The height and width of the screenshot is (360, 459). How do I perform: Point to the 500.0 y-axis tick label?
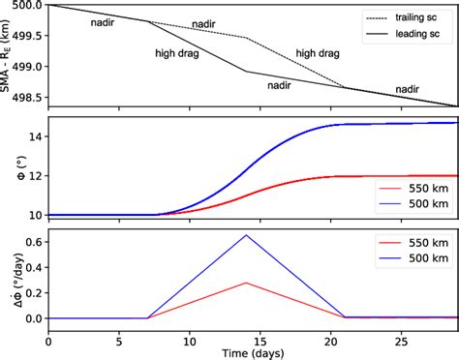[28, 6]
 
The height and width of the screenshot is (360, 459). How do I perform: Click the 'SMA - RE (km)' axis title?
[7, 54]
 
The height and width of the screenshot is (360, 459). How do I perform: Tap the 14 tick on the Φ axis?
[35, 136]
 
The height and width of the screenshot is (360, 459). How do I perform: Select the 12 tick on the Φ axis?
[35, 176]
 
